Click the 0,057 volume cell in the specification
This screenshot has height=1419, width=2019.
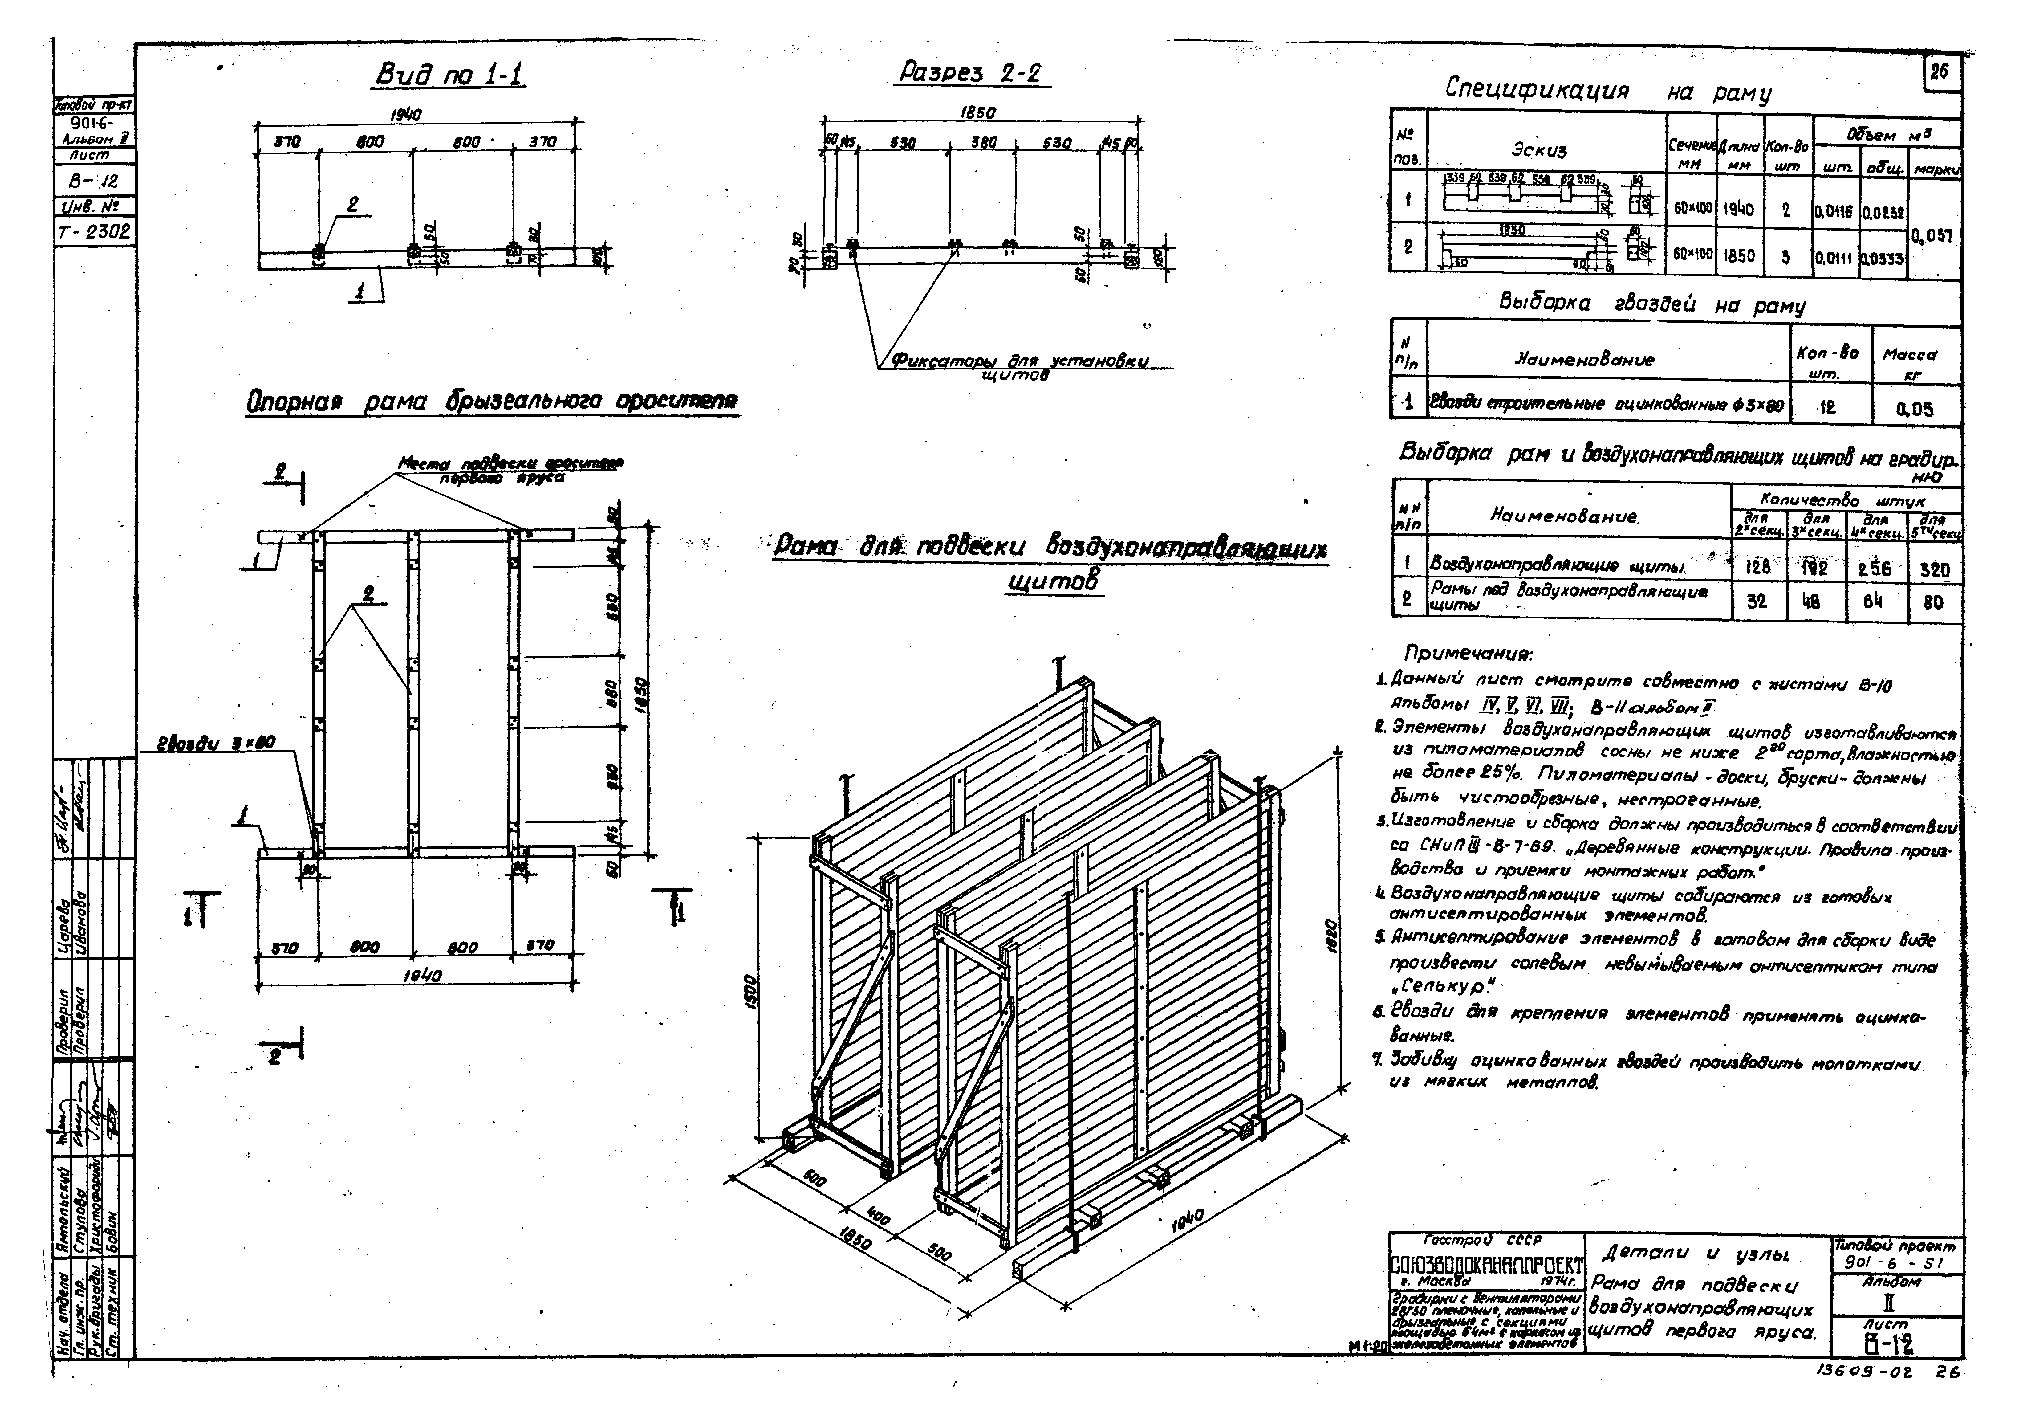pos(1934,236)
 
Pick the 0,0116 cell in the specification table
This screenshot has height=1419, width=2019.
pos(1834,212)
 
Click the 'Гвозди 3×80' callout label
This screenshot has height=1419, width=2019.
pos(216,743)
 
